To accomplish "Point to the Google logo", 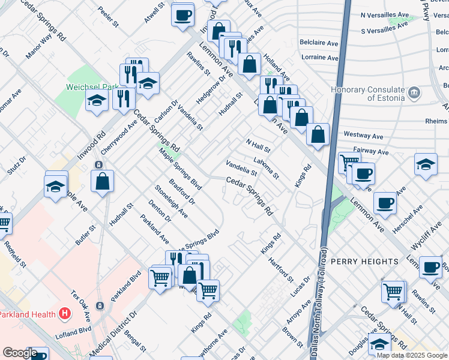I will click(20, 353).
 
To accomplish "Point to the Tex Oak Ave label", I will click(80, 305).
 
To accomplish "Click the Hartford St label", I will click(281, 270).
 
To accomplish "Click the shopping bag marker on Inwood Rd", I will click(103, 181).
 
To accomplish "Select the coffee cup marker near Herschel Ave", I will click(385, 203).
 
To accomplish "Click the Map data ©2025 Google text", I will click(411, 355).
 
